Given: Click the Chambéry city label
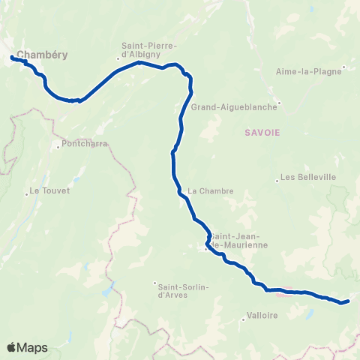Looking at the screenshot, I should pos(41,55).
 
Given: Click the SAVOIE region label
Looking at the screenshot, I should pos(262,132).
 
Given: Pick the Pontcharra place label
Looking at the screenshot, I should pos(85,143).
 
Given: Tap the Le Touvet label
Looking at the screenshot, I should pos(49,191).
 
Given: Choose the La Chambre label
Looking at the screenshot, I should pos(211,191).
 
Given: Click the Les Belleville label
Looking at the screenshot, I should pos(307,178).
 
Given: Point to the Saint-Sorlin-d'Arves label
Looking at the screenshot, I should pos(183,289).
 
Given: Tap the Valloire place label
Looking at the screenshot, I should pos(262,316).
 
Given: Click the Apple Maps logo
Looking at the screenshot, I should pos(27,347).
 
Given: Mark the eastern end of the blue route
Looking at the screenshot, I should pos(348,301).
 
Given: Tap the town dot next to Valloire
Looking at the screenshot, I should pos(245,319).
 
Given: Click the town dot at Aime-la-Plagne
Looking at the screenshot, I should pos(343,72).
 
